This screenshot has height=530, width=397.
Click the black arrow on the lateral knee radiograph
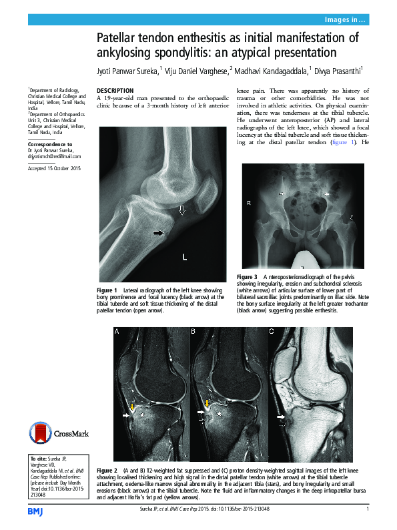(159, 232)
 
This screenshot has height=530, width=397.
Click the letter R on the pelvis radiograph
(248, 202)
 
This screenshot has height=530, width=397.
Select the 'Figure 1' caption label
(107, 290)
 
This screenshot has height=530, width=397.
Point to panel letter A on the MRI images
(117, 332)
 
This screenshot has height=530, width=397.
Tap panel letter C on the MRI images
(272, 332)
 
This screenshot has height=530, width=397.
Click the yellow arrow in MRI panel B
(208, 405)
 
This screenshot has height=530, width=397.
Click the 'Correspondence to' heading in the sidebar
(50, 144)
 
